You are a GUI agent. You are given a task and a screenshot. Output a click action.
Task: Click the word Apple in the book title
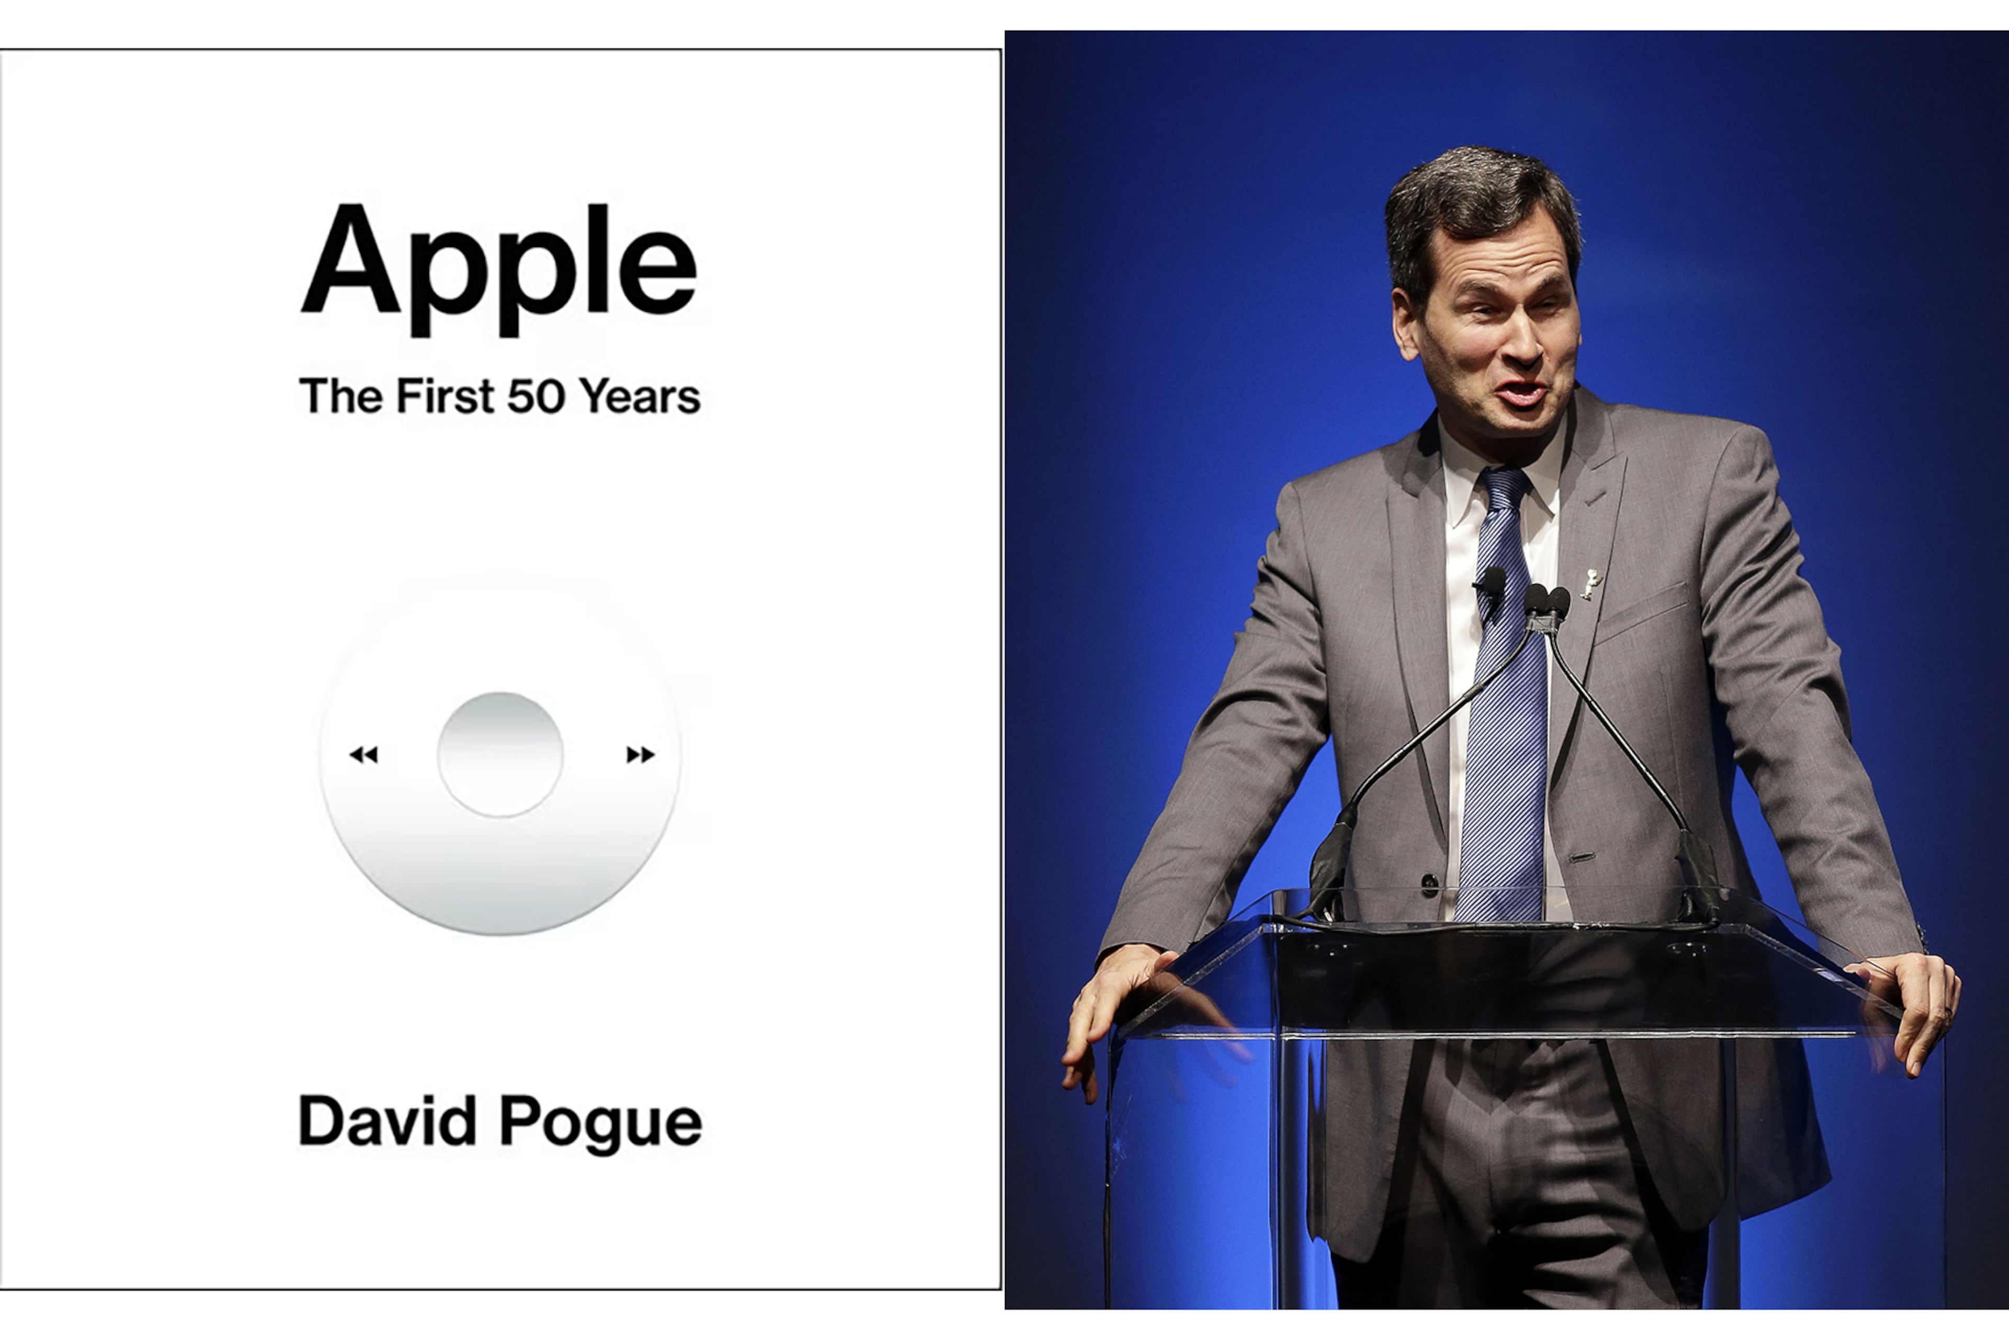pyautogui.click(x=500, y=265)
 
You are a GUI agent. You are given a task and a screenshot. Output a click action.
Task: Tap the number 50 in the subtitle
pyautogui.click(x=536, y=396)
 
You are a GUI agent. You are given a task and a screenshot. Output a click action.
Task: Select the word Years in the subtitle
pyautogui.click(x=640, y=396)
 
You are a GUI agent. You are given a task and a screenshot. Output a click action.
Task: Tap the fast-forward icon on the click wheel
pyautogui.click(x=640, y=754)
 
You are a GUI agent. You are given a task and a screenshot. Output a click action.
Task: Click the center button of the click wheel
pyautogui.click(x=501, y=755)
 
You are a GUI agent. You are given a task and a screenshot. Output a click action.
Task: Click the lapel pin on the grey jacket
pyautogui.click(x=1590, y=583)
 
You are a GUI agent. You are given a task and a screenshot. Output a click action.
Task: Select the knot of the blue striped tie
pyautogui.click(x=1505, y=485)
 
